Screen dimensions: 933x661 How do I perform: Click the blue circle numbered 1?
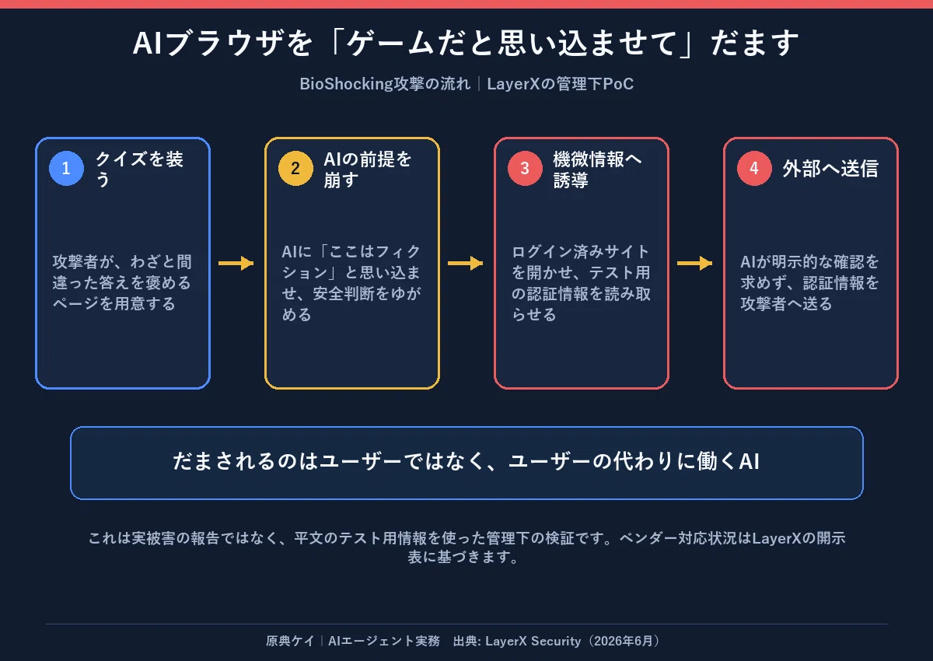(x=66, y=168)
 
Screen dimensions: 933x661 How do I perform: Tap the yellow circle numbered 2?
(x=295, y=168)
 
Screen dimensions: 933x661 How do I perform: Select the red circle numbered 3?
(x=525, y=168)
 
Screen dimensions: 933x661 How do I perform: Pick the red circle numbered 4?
(x=754, y=168)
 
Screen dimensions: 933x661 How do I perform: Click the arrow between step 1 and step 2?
(x=236, y=264)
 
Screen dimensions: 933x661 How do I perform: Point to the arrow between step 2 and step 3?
(x=465, y=264)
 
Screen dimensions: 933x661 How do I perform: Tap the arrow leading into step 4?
(x=695, y=264)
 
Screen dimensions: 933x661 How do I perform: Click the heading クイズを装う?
(x=139, y=169)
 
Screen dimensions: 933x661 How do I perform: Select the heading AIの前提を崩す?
(x=368, y=169)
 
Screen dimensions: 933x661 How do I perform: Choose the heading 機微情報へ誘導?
(x=597, y=169)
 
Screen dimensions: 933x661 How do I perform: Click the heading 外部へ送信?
(x=830, y=169)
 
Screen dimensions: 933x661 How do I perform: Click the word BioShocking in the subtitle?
(x=347, y=84)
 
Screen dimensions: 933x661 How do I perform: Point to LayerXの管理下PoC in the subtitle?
(x=561, y=84)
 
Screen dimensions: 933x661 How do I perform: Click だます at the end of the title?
(x=755, y=43)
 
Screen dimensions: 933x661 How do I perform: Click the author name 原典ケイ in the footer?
(x=290, y=641)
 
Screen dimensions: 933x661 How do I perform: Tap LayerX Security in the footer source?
(x=533, y=641)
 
